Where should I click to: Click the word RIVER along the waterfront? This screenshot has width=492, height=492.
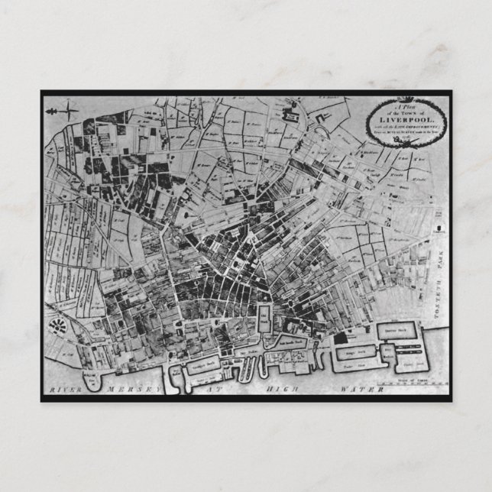(66, 390)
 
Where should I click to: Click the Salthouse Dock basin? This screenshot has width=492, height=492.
(292, 346)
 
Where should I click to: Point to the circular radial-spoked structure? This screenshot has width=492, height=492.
(57, 328)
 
